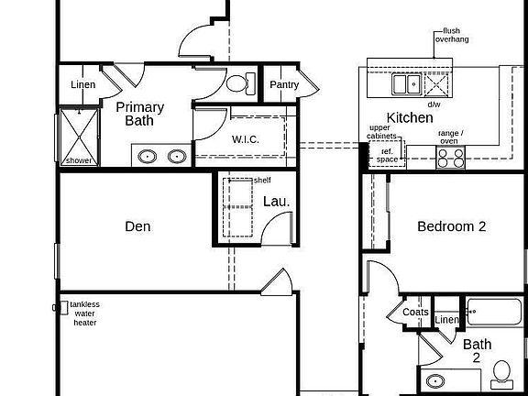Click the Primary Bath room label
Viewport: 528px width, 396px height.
tap(139, 113)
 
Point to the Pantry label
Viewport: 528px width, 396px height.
tap(283, 85)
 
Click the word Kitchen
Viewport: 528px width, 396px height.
tap(410, 117)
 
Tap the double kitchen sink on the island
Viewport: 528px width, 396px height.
tap(407, 85)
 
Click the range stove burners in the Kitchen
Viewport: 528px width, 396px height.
tap(450, 158)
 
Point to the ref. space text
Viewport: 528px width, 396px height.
tap(388, 155)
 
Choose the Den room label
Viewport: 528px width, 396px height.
tap(137, 226)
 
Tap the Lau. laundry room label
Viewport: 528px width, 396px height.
tap(277, 201)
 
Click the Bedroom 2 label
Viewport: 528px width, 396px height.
tap(451, 226)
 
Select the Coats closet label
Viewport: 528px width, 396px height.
tap(415, 313)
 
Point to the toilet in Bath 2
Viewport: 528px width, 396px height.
tap(501, 372)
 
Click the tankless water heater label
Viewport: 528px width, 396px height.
tap(85, 313)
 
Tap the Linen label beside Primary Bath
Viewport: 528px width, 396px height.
tap(82, 85)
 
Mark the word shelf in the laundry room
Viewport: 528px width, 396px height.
tap(262, 181)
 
